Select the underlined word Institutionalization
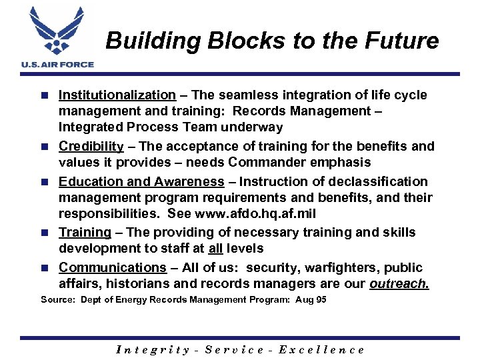coord(117,95)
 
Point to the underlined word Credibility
coord(91,146)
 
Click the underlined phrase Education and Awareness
coord(141,181)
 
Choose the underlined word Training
coord(85,232)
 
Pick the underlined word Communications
coord(112,267)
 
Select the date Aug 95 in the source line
coord(312,300)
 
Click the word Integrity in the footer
coord(153,349)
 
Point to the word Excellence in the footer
coord(321,349)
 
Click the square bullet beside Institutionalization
coord(45,95)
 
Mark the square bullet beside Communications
coord(45,268)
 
